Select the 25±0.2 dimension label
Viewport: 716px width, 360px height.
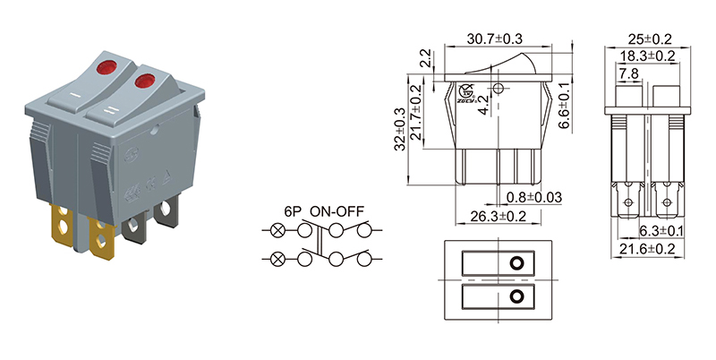pos(651,39)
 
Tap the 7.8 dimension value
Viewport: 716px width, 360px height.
pos(629,73)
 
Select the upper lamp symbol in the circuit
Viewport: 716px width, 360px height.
pos(278,231)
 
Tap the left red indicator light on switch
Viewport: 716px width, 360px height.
pos(99,65)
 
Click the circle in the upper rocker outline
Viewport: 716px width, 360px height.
pos(517,264)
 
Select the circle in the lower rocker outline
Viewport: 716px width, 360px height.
pos(517,296)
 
